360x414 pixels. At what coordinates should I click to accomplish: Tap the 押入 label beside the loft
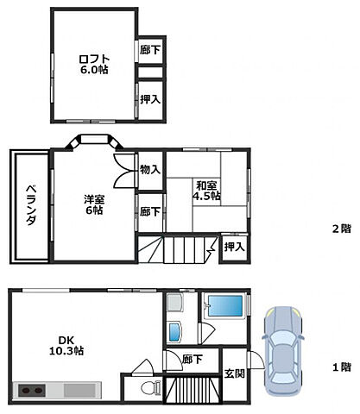click(x=150, y=99)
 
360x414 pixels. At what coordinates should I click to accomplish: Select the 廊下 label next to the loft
click(x=150, y=50)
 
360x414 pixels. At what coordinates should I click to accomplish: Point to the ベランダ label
click(x=29, y=207)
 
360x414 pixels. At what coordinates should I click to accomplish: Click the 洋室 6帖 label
click(x=93, y=204)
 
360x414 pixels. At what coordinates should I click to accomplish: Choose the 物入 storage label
click(x=149, y=170)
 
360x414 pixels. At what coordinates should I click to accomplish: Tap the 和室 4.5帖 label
click(x=207, y=190)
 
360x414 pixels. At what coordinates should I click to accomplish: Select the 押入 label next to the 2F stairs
click(x=233, y=248)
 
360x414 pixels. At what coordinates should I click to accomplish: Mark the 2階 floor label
click(x=341, y=229)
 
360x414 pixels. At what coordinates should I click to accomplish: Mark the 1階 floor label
click(x=341, y=367)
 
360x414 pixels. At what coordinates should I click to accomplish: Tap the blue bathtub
click(x=224, y=307)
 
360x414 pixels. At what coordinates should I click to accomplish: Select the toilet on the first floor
click(x=150, y=387)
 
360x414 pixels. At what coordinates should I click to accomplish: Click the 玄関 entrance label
click(x=234, y=373)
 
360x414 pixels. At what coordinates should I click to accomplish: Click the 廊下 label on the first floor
click(x=193, y=358)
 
